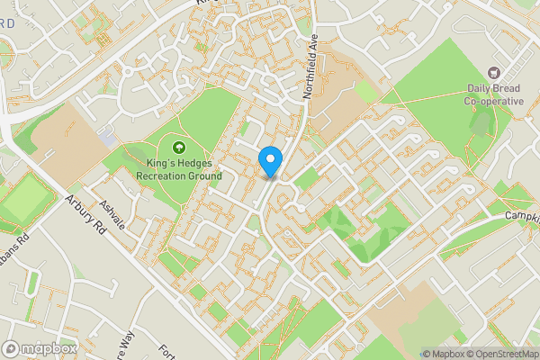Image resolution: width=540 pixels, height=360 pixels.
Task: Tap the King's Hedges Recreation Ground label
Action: coord(178,168)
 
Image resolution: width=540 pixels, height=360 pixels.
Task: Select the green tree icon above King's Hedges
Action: coord(178,147)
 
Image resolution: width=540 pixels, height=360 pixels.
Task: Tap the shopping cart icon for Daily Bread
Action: coord(493,71)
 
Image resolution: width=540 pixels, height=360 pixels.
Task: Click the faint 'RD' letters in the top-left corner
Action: coord(7,23)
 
